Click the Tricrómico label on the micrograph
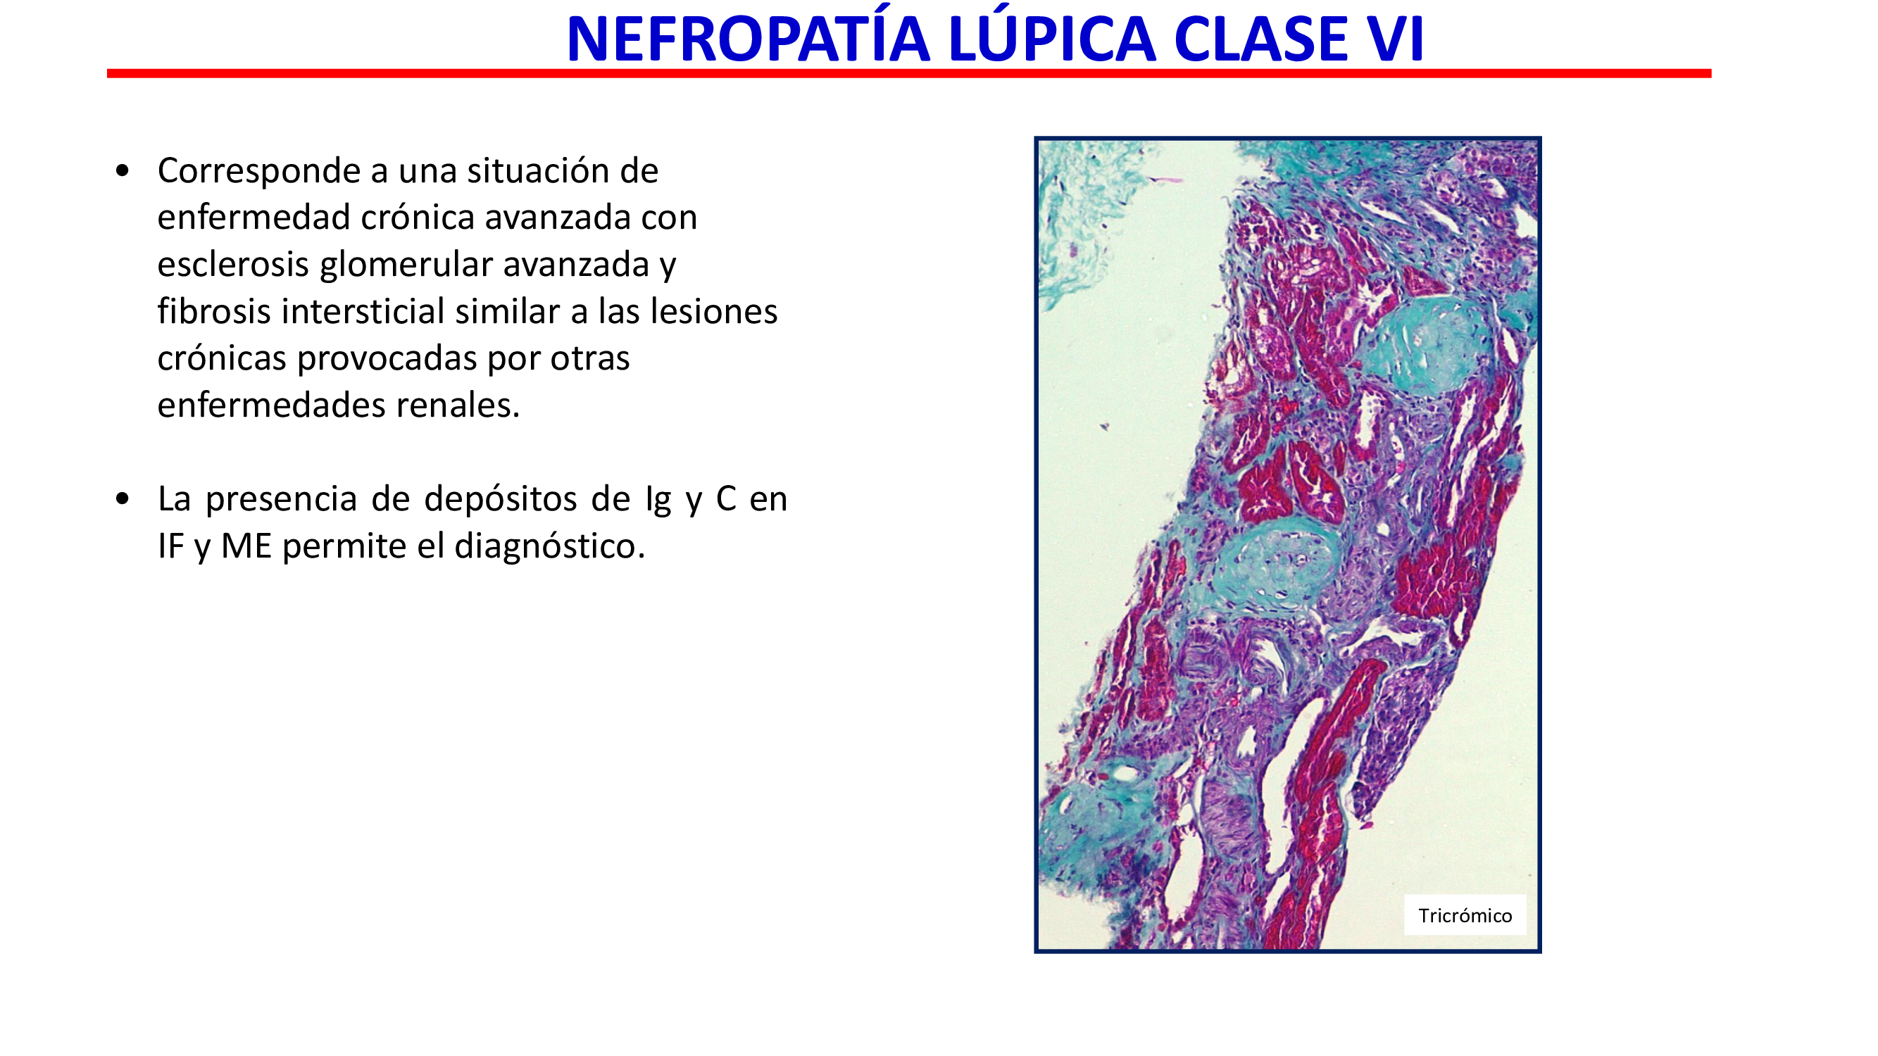1465,915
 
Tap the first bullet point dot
123,171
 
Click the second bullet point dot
123,499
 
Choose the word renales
458,406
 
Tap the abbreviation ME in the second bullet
246,546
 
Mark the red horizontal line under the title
909,74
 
